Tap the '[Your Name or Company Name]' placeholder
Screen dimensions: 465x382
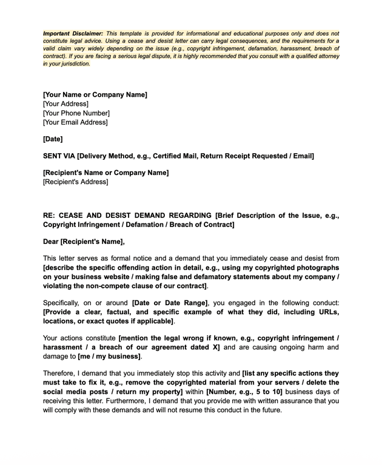(x=95, y=94)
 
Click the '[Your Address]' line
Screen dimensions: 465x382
(x=65, y=104)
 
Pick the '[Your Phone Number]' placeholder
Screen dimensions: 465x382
(x=76, y=113)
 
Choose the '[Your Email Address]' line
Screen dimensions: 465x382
(x=75, y=122)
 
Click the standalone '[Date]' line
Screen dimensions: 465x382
(x=53, y=139)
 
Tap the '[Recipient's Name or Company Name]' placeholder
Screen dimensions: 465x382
(x=106, y=173)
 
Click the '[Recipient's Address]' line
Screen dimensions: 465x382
(x=76, y=182)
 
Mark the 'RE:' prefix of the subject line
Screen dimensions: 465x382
(x=50, y=215)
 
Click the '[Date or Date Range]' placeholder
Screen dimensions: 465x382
(x=170, y=303)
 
